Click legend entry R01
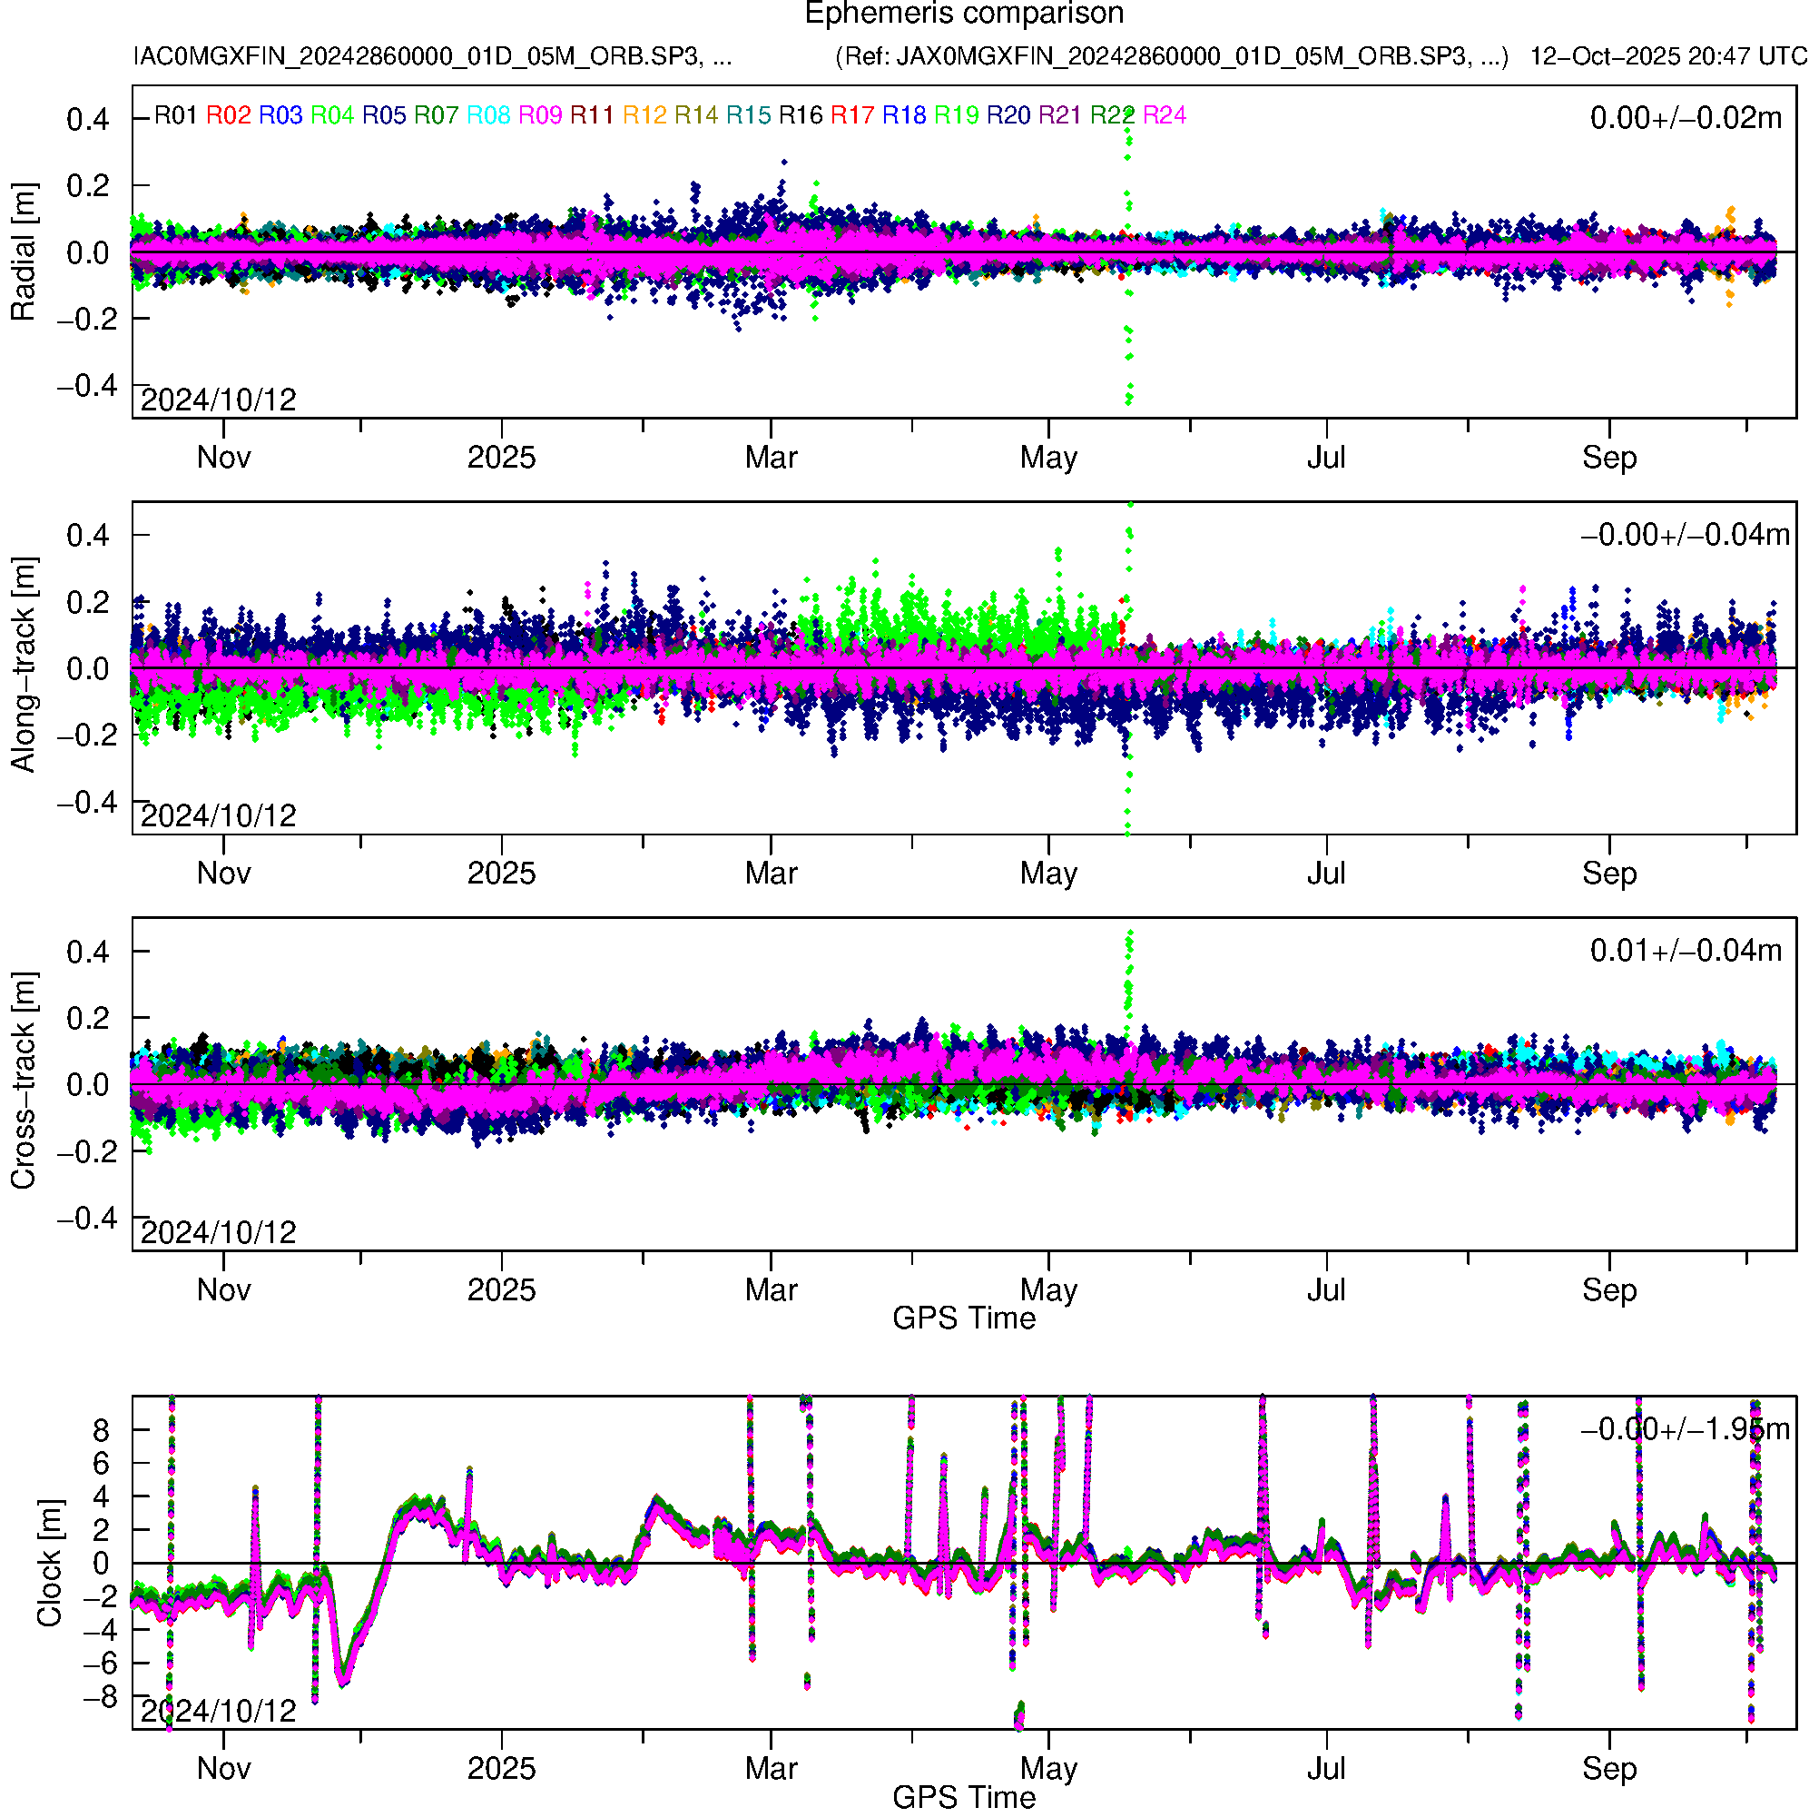(x=175, y=115)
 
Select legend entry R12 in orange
(x=644, y=115)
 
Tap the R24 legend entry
(x=1164, y=115)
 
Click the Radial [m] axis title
(x=23, y=252)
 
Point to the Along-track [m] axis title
(x=23, y=666)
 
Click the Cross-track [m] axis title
(x=23, y=1081)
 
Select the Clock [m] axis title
(x=49, y=1563)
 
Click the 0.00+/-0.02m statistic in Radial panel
(x=1685, y=118)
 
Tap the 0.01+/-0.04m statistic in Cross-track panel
(x=1685, y=951)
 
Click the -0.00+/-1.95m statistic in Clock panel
(x=1685, y=1429)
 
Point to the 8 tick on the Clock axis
(x=100, y=1430)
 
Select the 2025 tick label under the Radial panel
(x=501, y=458)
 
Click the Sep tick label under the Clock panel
(x=1608, y=1768)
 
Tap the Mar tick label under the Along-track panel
(x=770, y=874)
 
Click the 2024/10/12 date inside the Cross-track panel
(x=218, y=1232)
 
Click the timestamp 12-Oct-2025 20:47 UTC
(x=1667, y=56)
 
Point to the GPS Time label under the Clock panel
(x=964, y=1797)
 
